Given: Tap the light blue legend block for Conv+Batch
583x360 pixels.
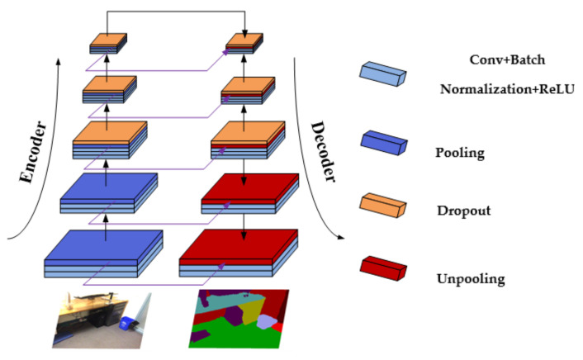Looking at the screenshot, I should tap(386, 73).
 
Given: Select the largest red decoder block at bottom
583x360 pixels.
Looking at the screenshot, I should tap(239, 244).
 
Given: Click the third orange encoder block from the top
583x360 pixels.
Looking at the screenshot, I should tap(109, 132).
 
